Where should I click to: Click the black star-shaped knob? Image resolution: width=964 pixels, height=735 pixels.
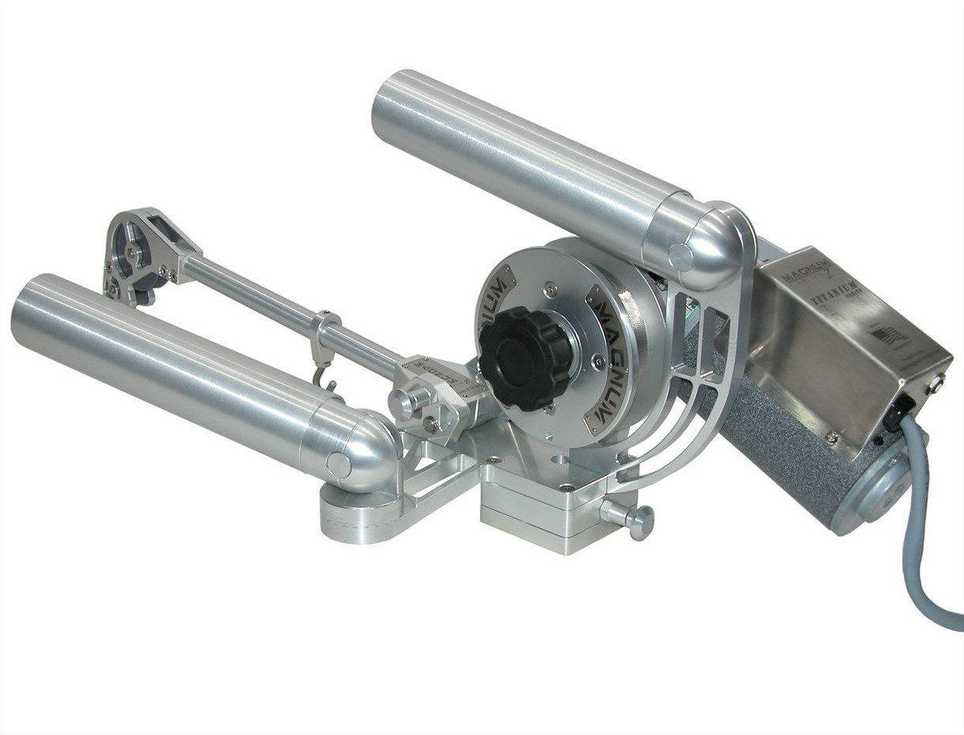coord(524,358)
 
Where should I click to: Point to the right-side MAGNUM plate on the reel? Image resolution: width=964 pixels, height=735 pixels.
coord(616,323)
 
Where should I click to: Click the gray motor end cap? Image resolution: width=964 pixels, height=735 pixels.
coord(882,489)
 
